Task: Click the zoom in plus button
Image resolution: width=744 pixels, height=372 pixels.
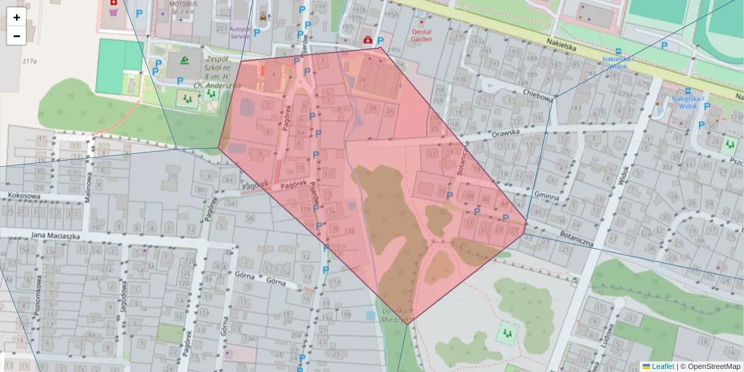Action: pyautogui.click(x=16, y=17)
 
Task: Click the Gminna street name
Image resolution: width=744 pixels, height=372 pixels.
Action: pyautogui.click(x=546, y=197)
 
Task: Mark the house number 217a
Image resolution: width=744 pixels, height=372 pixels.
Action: pyautogui.click(x=29, y=61)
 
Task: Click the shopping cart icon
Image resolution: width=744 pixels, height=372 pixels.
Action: pyautogui.click(x=113, y=11)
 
